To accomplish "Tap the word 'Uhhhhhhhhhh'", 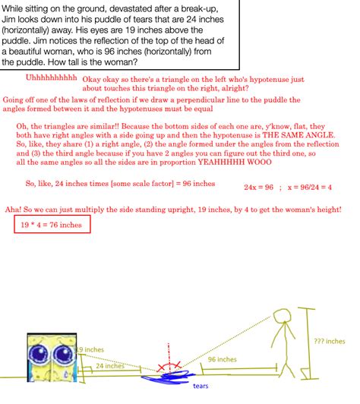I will click(x=51, y=77).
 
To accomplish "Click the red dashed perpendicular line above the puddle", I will click(x=168, y=356).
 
